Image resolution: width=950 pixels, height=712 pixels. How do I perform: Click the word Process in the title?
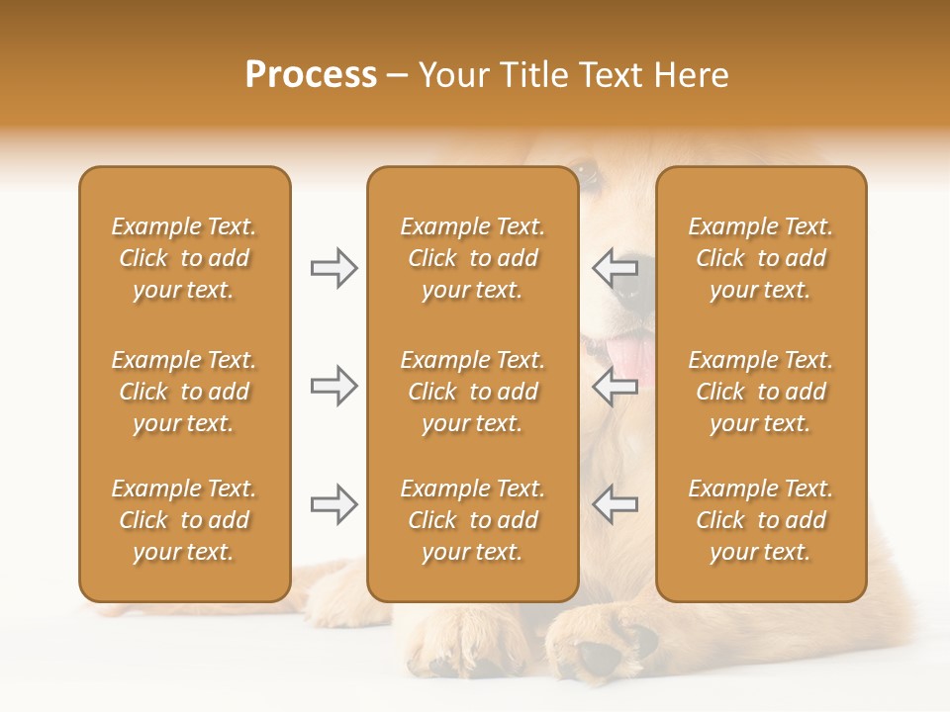(311, 75)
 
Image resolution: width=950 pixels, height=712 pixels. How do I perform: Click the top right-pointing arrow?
(333, 268)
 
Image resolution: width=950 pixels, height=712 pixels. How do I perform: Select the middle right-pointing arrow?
(333, 386)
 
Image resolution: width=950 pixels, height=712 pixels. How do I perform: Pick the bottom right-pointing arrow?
(333, 504)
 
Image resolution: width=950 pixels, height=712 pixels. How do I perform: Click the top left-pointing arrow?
(615, 268)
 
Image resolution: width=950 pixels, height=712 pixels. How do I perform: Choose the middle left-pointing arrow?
(615, 386)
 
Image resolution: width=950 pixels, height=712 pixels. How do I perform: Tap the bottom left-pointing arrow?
(615, 504)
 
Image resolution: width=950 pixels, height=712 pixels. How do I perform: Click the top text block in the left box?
(184, 258)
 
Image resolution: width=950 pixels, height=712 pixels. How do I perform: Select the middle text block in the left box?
(184, 392)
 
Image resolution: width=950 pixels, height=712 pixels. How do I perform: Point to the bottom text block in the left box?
(184, 520)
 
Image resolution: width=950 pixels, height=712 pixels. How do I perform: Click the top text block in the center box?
(472, 258)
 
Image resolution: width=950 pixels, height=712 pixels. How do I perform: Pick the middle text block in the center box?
(472, 392)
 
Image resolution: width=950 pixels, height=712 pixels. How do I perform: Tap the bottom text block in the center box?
(472, 520)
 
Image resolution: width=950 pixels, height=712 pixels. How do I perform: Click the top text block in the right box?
(760, 258)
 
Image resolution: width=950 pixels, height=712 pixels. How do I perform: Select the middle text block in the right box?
(760, 392)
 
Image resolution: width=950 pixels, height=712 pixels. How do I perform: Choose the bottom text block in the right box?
(760, 520)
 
